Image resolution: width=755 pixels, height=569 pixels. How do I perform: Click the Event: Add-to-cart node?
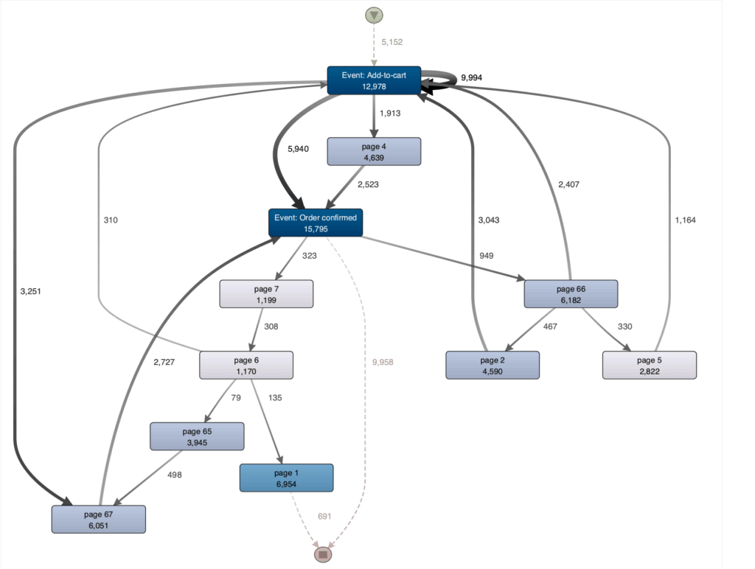(374, 80)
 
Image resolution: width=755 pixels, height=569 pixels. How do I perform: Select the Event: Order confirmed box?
(316, 223)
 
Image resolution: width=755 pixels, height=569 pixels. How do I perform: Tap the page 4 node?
(374, 151)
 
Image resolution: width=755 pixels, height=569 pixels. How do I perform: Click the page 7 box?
(266, 294)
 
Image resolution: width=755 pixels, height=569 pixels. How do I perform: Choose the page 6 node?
(246, 366)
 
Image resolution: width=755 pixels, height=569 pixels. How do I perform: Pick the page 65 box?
(197, 436)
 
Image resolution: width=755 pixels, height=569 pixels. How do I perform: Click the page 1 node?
(286, 478)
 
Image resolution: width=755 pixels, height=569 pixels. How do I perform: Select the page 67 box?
(99, 519)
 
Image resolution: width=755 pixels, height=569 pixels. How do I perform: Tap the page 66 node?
(571, 294)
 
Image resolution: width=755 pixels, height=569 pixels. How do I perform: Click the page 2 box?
(493, 365)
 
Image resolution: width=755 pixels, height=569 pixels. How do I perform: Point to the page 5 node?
(649, 365)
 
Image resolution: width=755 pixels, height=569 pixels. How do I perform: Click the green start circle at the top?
(374, 15)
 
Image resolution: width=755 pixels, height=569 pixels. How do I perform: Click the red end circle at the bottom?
(322, 554)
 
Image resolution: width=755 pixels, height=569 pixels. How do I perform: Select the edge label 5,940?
(298, 149)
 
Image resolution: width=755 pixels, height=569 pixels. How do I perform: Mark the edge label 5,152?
(392, 42)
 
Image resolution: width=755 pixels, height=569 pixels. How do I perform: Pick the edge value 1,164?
(685, 220)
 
